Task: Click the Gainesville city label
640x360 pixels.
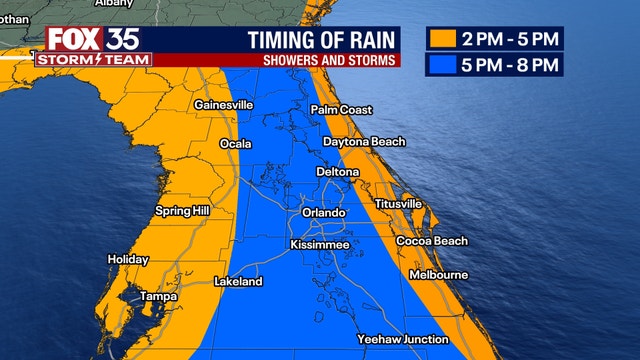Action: pos(224,104)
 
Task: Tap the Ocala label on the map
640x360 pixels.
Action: pos(236,144)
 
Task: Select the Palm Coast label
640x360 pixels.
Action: pos(341,109)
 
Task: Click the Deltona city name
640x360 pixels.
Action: pos(338,172)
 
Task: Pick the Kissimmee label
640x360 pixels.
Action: pos(319,244)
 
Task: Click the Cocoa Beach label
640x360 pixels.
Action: pos(431,241)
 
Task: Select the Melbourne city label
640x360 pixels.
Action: pos(438,274)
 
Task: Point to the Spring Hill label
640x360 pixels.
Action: pos(181,211)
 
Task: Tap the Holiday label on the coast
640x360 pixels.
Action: pos(128,260)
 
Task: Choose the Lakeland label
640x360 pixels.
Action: pos(238,282)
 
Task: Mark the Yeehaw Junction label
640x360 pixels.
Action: pos(403,339)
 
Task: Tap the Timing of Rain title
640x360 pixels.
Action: pos(321,40)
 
